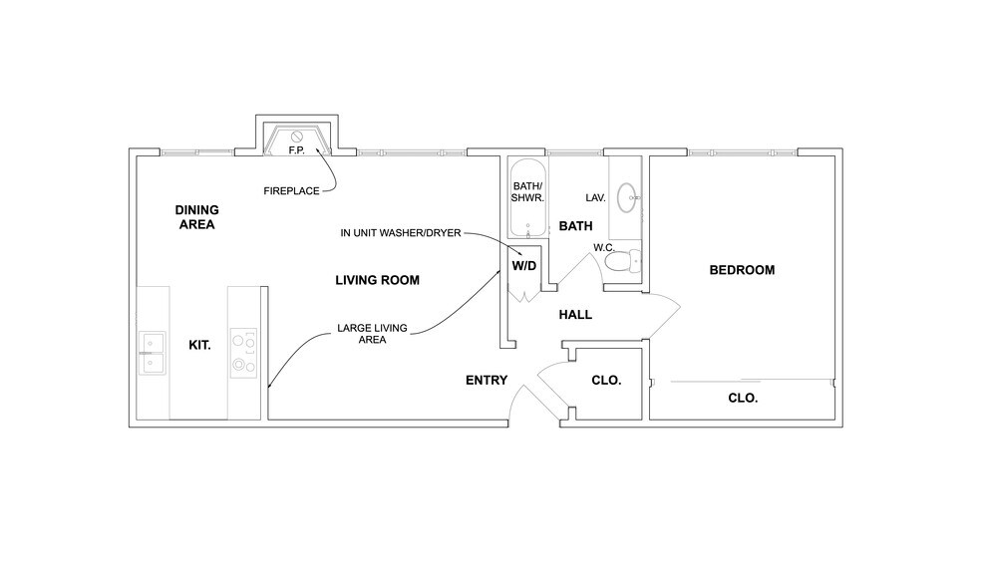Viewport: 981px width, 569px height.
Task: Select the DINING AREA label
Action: click(196, 217)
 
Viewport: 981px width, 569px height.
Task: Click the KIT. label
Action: click(199, 346)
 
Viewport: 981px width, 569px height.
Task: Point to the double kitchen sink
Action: click(153, 353)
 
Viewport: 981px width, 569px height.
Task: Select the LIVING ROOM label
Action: click(377, 281)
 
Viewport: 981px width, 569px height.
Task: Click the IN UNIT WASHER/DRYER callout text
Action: click(400, 233)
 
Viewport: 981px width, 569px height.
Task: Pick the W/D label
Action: click(524, 267)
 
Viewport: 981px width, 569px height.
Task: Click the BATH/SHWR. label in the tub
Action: click(527, 192)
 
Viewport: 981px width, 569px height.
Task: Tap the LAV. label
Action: click(596, 197)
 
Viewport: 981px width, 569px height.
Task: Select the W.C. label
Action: click(603, 246)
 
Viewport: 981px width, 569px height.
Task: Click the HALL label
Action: click(575, 315)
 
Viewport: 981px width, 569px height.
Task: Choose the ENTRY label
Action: click(487, 381)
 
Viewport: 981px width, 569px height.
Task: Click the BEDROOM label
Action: click(742, 270)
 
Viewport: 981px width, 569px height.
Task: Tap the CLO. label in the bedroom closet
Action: click(743, 398)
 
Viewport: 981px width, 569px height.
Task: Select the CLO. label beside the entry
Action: click(606, 381)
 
